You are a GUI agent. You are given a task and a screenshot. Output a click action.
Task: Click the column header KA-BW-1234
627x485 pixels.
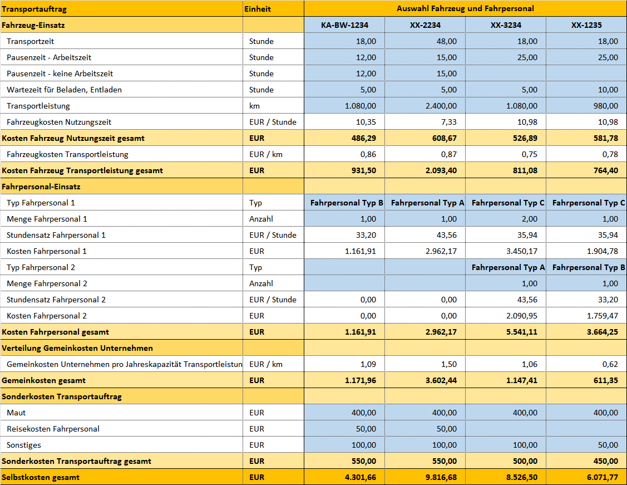coord(344,25)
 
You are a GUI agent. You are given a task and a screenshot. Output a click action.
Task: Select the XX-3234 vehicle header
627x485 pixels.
coord(506,25)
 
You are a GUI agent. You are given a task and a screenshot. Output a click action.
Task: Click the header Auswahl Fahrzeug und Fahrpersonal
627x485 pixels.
coord(465,8)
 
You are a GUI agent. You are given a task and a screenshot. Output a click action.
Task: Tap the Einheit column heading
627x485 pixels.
coord(258,9)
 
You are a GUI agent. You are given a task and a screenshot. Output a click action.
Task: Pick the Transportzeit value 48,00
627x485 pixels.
coord(447,41)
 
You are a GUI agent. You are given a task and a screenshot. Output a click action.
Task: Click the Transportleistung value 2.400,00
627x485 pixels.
coord(441,106)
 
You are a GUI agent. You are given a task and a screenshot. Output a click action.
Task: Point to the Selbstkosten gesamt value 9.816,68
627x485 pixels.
coord(441,477)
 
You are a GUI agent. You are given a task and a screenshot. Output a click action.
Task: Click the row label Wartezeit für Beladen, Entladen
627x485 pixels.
coord(64,90)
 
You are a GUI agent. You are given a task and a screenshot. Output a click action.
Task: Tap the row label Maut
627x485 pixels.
coord(16,413)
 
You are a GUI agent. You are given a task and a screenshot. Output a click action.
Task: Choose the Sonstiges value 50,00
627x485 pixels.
coord(608,445)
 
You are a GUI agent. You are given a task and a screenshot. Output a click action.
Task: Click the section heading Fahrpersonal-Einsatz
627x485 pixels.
coord(41,187)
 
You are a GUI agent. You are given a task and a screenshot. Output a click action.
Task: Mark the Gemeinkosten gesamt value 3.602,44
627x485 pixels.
coord(441,380)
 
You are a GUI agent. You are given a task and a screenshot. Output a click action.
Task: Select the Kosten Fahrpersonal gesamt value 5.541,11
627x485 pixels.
coord(522,332)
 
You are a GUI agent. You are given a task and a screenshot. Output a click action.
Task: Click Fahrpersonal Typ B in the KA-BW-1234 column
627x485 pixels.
coord(347,203)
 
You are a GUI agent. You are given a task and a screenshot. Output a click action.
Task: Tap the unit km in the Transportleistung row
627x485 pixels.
coord(254,106)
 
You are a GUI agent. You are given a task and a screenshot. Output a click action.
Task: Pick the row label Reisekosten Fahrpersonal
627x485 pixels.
coord(53,429)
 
